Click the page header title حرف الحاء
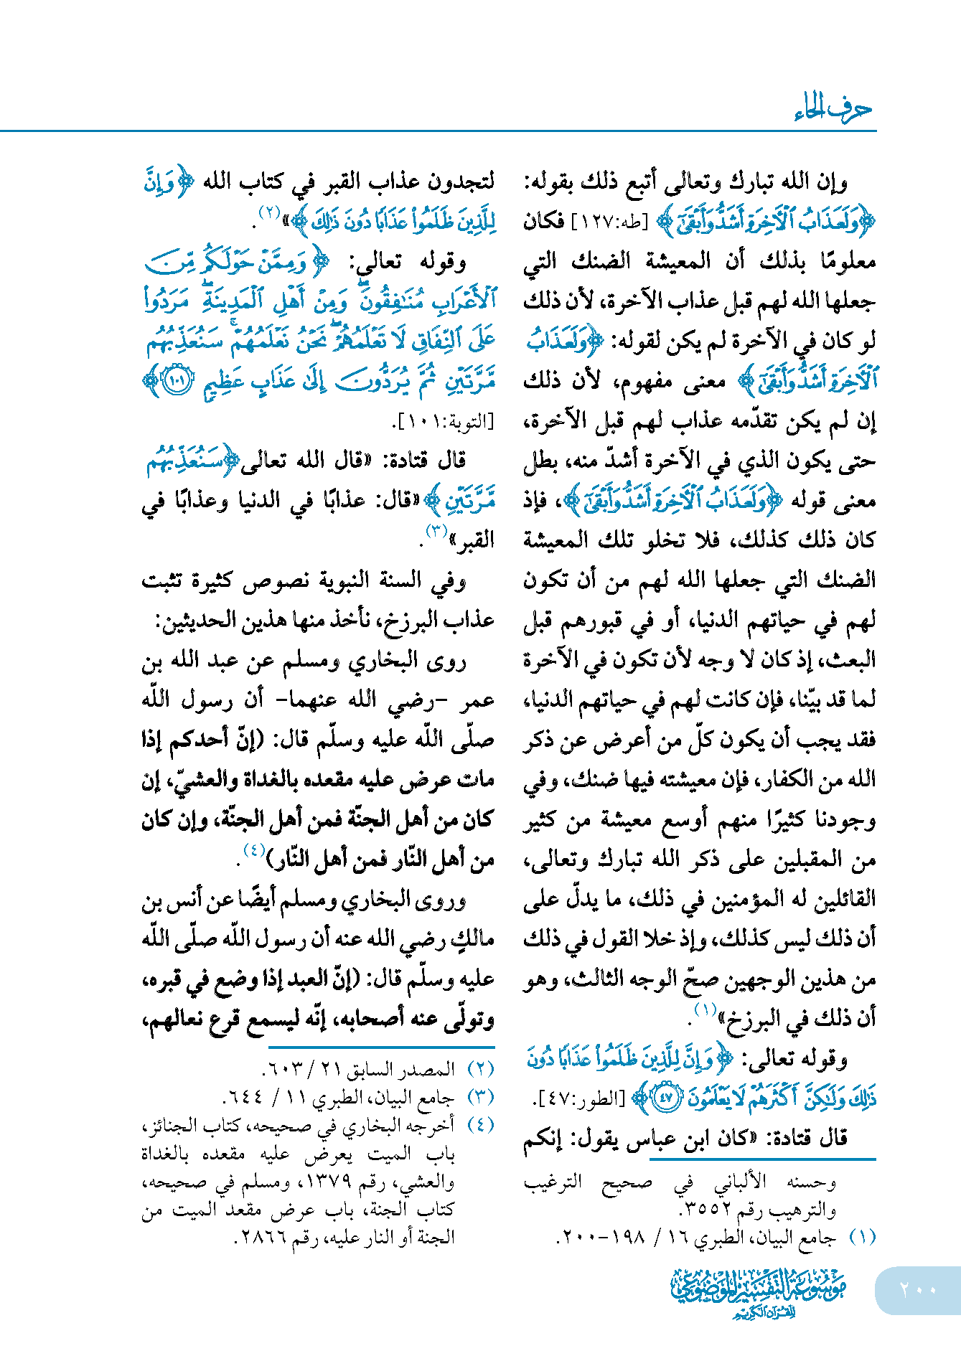(833, 109)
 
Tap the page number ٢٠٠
(918, 1289)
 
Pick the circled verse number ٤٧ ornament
(667, 1098)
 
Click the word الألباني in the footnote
(740, 1181)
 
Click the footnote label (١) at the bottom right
(862, 1238)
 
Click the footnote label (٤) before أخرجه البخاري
(481, 1125)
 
